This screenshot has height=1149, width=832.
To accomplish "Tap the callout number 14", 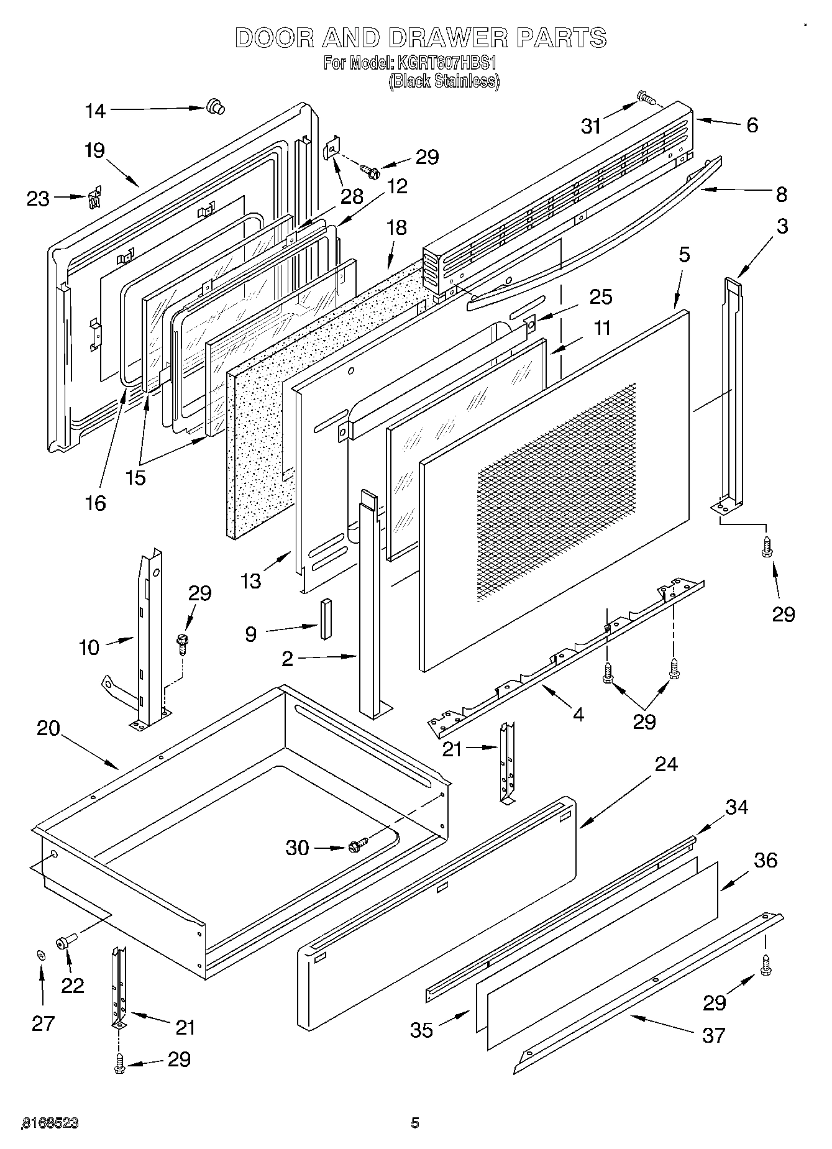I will (x=96, y=111).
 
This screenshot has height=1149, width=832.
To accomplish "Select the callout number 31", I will (x=591, y=127).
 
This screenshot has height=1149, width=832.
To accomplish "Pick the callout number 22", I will (x=73, y=986).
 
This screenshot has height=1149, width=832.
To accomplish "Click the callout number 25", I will (x=601, y=297).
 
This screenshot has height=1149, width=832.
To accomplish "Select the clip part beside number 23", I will (x=94, y=199).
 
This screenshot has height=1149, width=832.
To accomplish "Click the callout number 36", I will (x=766, y=860).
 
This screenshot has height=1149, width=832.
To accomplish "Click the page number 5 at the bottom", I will (x=415, y=1122).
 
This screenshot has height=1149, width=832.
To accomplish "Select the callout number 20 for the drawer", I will (x=48, y=728).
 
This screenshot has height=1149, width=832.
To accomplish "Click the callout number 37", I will (x=713, y=1035).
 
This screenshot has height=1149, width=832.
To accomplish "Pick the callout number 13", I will (x=250, y=581).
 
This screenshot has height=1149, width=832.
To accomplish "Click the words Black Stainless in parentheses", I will (x=444, y=81).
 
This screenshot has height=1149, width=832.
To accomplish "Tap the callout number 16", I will (x=95, y=503).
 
